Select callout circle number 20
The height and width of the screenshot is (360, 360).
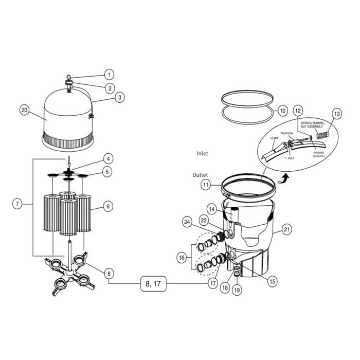coord(24,110)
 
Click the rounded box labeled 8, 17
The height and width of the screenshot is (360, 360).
coord(155,284)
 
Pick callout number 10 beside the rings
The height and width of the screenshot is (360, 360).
coord(282,111)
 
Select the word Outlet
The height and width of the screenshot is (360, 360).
coord(200,175)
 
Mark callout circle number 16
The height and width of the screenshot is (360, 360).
coord(181,257)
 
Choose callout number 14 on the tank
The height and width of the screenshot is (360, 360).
coord(212,208)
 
